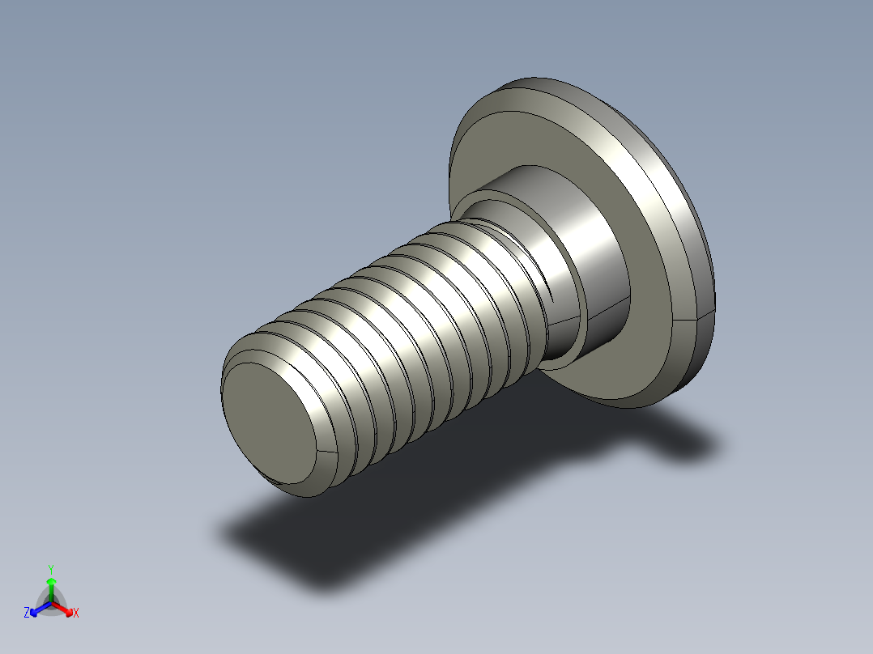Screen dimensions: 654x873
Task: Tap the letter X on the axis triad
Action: click(x=76, y=614)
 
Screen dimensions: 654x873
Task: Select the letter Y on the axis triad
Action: click(x=51, y=568)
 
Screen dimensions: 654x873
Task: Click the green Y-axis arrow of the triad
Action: click(x=51, y=587)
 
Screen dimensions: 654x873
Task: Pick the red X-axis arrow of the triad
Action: click(x=65, y=609)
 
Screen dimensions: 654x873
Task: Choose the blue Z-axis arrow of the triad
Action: click(x=37, y=609)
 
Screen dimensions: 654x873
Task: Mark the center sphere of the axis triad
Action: click(x=51, y=603)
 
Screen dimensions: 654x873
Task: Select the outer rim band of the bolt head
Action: click(x=688, y=243)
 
